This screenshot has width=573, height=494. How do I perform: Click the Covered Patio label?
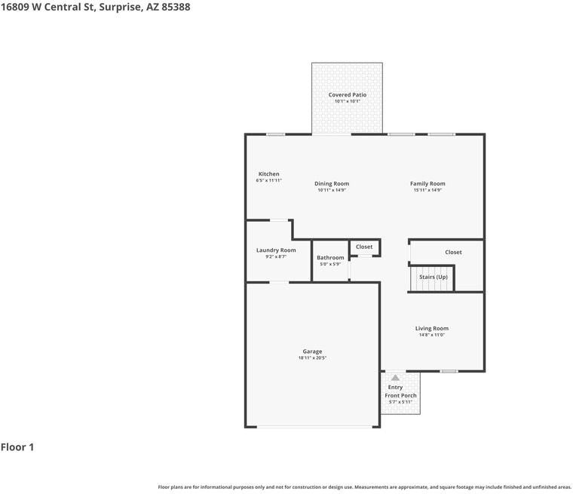347,95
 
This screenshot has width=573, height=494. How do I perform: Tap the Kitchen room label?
268,174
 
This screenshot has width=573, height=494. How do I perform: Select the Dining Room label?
332,183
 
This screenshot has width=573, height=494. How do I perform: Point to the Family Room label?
427,183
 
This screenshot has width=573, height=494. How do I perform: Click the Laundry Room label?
276,250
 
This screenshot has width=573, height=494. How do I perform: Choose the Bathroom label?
330,258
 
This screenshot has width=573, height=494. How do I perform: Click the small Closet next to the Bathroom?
364,247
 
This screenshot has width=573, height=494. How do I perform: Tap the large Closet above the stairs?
453,252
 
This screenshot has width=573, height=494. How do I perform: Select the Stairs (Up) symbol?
433,278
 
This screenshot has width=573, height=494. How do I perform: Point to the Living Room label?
432,328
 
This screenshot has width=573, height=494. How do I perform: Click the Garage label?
312,351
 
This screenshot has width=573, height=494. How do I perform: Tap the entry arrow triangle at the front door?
395,377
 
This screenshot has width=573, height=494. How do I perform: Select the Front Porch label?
400,395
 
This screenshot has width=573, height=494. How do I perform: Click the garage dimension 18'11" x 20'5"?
312,358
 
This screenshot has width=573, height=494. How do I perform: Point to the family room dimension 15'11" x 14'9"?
427,190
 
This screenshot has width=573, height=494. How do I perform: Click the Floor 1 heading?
17,447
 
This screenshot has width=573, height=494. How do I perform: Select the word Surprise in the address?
121,7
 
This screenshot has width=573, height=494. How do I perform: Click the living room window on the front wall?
449,371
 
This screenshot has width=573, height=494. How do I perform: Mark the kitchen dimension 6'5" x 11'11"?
268,181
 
